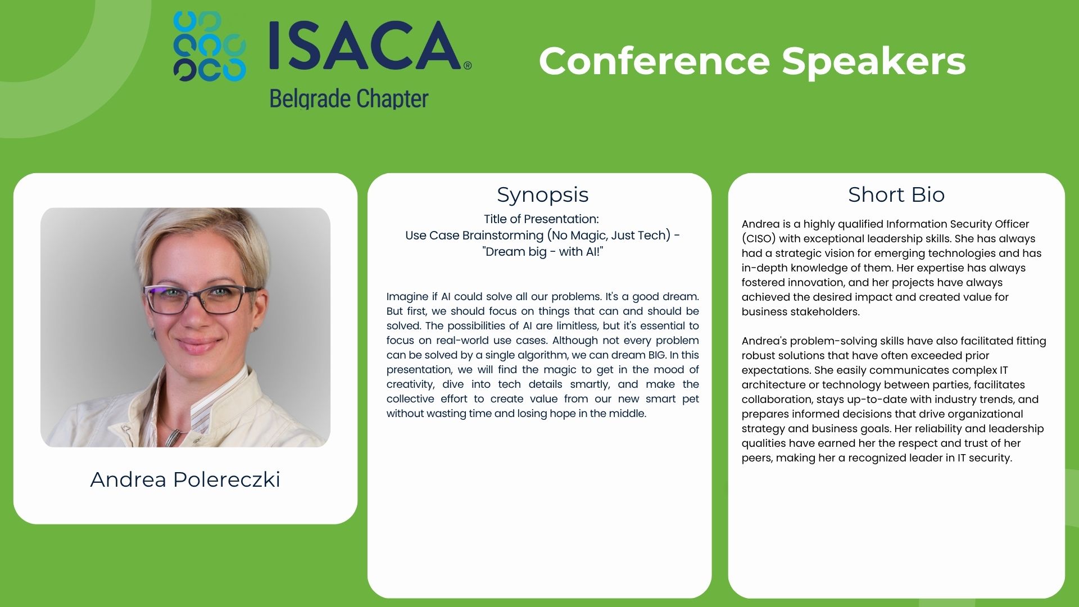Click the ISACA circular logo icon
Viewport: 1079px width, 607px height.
coord(210,46)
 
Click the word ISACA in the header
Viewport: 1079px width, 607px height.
coord(365,46)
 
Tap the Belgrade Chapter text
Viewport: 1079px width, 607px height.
coord(349,98)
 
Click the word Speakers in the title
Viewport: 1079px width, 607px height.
coord(874,61)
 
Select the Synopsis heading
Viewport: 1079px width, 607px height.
coord(542,194)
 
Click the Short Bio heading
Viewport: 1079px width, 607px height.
coord(896,194)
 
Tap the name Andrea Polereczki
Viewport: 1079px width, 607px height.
coord(185,479)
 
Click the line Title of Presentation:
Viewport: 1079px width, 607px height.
coord(541,219)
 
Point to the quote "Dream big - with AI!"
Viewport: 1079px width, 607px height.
coord(542,252)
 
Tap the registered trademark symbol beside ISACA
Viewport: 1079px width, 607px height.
coord(468,66)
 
